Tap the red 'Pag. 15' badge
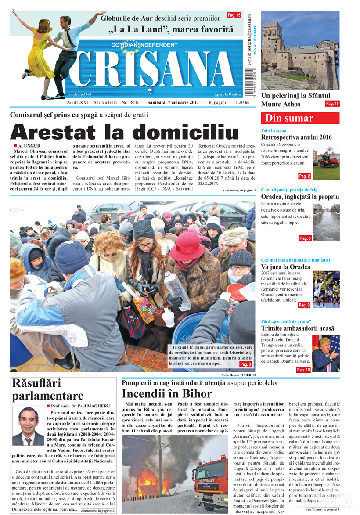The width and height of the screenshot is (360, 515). coord(234,15)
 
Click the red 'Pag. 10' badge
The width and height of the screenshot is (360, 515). coord(332,104)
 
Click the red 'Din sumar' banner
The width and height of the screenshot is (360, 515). coord(300,118)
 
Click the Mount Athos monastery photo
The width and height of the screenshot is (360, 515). coord(300,49)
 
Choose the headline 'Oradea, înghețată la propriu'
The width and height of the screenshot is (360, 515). coord(300,197)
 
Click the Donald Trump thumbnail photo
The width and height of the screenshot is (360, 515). coord(326,353)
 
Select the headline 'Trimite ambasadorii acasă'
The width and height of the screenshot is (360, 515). coord(297,328)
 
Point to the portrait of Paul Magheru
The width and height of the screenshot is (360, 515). coord(28,426)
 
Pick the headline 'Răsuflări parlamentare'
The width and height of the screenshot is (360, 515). coord(47,389)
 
